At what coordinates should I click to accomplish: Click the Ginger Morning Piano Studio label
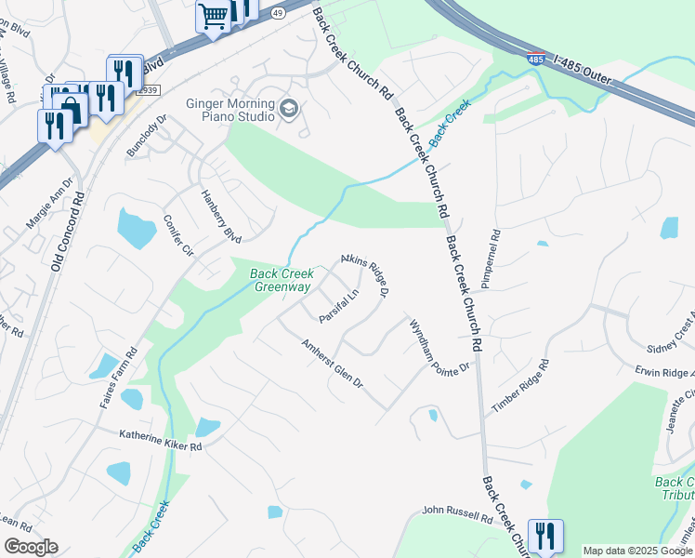[230, 111]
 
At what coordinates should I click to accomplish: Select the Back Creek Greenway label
[281, 280]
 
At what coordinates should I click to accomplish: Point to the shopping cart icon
[213, 17]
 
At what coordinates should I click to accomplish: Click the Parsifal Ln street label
[339, 306]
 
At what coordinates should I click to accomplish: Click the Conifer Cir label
[177, 237]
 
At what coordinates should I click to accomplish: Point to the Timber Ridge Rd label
[520, 387]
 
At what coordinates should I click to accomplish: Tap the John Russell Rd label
[455, 513]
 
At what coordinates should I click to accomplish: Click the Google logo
[31, 547]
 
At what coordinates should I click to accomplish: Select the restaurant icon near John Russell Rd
[545, 536]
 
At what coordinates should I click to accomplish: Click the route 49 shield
[278, 14]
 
